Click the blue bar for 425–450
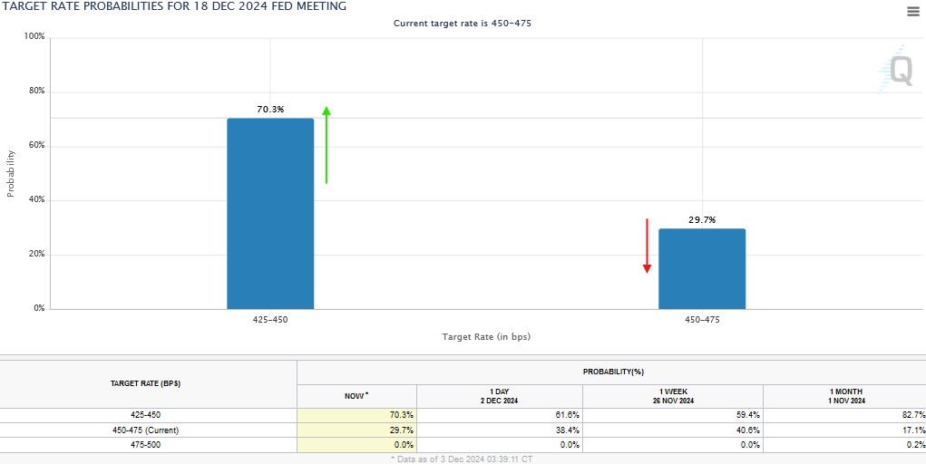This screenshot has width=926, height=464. click(x=270, y=214)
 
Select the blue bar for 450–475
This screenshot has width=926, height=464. click(x=702, y=269)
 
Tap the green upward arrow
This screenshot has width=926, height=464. click(x=327, y=145)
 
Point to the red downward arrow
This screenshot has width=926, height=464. click(x=648, y=246)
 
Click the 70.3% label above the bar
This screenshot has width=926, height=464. click(x=270, y=110)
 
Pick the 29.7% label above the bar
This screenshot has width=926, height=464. click(x=702, y=219)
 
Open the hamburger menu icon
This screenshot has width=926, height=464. click(x=912, y=11)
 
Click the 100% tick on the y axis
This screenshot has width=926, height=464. click(x=34, y=37)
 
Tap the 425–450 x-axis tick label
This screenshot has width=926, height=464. click(x=270, y=320)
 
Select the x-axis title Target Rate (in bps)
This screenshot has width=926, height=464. click(x=486, y=337)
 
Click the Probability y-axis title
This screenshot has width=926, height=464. click(x=11, y=173)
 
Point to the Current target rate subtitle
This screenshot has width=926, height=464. click(x=463, y=23)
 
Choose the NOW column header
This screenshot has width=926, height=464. click(x=356, y=396)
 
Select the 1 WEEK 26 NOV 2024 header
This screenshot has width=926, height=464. click(x=672, y=396)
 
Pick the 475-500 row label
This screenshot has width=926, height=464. click(x=148, y=445)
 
